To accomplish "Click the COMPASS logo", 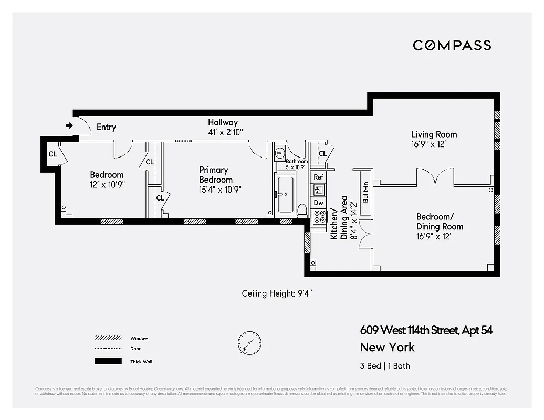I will pos(452,45).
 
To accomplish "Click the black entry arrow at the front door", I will pos(69,125).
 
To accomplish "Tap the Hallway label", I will pos(223,122).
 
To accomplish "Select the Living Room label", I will pos(434,134).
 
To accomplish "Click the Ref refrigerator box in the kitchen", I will pos(318,177).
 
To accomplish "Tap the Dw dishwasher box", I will pos(318,203).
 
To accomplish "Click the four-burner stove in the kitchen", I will pos(319,216).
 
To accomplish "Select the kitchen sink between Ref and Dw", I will pos(319,190).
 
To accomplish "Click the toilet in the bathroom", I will pos(302,211).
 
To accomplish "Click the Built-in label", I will pos(365,192).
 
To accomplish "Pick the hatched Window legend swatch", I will pos(108,338).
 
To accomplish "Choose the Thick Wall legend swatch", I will pos(108,361).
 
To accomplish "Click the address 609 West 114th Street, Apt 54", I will pos(426,330).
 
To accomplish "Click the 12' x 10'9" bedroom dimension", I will pos(107,184).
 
